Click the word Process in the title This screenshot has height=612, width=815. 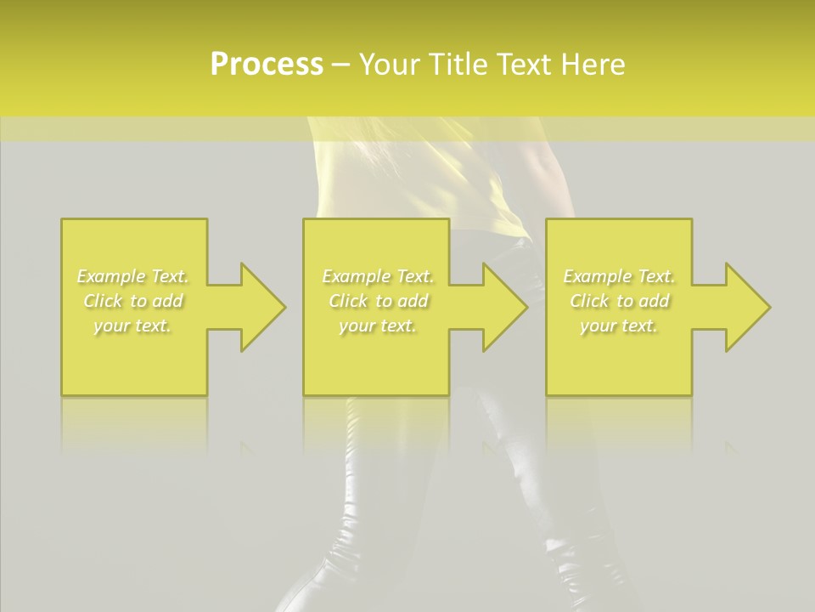tap(267, 65)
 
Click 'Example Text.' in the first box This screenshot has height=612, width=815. tap(133, 276)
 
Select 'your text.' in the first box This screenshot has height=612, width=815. tap(133, 326)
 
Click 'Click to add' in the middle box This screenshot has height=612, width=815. tap(378, 301)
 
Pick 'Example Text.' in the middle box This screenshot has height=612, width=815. tap(378, 276)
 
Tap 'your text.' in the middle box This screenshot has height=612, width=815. tap(378, 326)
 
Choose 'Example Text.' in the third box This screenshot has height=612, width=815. tap(619, 276)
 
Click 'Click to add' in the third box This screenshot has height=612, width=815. tap(619, 301)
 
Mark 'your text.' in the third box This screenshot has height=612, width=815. tap(619, 326)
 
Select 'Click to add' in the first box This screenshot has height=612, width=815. tap(133, 301)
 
